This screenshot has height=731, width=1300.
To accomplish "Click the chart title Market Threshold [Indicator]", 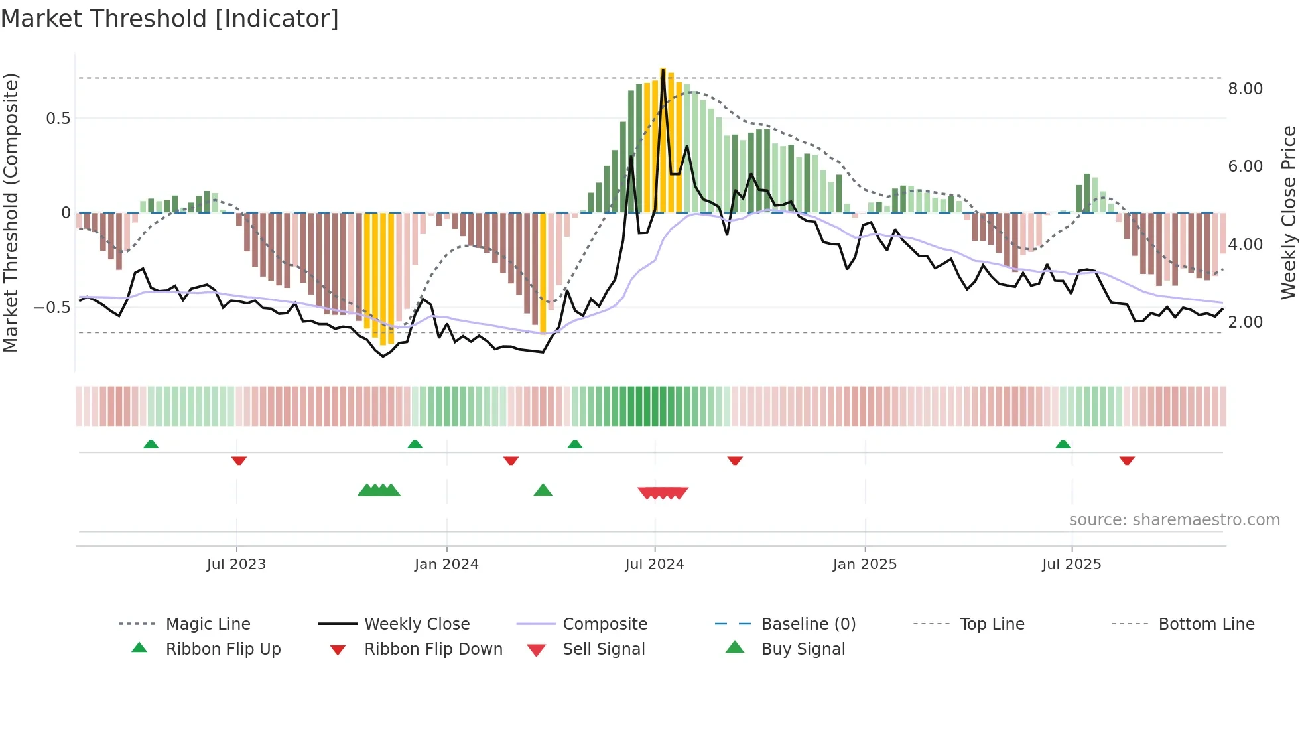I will click(x=170, y=19).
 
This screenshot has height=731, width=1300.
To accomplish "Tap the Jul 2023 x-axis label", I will click(x=236, y=564).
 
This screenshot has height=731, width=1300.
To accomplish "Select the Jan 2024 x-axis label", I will click(x=446, y=564).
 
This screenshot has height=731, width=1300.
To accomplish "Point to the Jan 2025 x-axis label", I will click(x=865, y=564).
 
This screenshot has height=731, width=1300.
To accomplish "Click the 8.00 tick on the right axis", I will click(x=1245, y=88).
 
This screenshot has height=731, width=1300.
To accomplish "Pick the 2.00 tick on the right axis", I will click(x=1245, y=322).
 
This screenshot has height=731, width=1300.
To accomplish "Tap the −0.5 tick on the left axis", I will click(x=52, y=307).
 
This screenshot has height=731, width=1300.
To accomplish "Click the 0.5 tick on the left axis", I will click(x=58, y=118).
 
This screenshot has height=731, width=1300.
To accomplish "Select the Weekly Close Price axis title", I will click(x=1288, y=212).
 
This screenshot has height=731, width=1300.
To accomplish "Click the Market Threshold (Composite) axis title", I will click(x=11, y=212).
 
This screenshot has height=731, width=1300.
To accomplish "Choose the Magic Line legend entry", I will click(x=208, y=624).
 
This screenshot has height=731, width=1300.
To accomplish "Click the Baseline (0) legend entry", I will click(x=808, y=624).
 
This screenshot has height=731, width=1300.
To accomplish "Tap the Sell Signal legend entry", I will click(x=603, y=649).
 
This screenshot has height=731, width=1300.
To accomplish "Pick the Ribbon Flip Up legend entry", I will click(x=223, y=649).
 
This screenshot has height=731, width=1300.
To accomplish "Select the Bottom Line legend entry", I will click(x=1206, y=624).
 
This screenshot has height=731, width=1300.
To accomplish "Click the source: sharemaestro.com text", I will click(x=1174, y=519).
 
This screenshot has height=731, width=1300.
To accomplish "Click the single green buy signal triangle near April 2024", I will click(x=543, y=490).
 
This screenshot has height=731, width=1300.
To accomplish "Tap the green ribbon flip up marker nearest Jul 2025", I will click(x=1063, y=444).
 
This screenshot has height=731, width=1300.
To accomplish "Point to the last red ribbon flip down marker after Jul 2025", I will click(x=1126, y=460).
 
